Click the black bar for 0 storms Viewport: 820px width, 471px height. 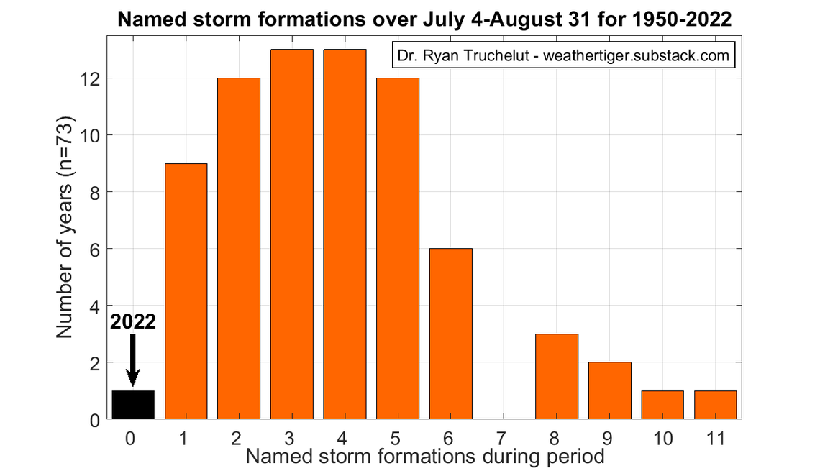pos(133,405)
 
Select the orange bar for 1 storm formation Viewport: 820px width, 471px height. pos(186,291)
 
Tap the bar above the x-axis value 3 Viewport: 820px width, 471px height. pos(292,234)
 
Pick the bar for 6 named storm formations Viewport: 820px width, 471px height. pos(451,334)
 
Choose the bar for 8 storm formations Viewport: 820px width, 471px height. pos(557,376)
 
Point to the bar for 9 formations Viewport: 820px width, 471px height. pos(610,390)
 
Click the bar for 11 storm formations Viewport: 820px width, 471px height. pos(716,405)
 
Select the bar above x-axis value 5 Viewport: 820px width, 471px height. pos(398,248)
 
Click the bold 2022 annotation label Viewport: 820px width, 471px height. pos(133,321)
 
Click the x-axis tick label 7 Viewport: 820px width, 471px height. pos(504,437)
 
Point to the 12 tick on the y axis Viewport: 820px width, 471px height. pos(93,78)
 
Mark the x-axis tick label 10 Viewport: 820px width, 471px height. pos(662,437)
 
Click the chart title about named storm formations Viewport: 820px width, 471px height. pos(424,20)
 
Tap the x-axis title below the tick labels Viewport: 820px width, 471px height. pos(424,456)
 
